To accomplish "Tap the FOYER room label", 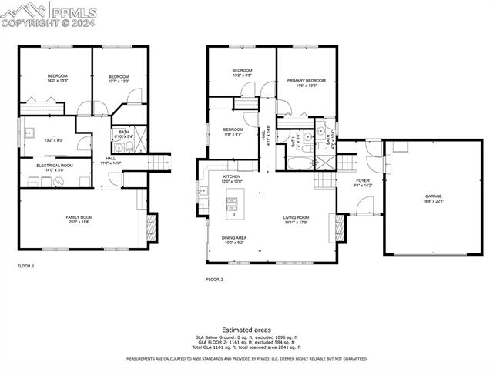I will click(362, 183).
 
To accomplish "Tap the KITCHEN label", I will click(232, 179).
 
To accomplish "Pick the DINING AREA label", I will click(233, 240).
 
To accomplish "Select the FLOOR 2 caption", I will click(215, 280).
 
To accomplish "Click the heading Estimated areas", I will click(246, 330).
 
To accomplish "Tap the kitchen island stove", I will click(232, 203).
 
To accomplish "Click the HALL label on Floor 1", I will click(110, 160).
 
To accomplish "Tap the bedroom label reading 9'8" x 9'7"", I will click(233, 131).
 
